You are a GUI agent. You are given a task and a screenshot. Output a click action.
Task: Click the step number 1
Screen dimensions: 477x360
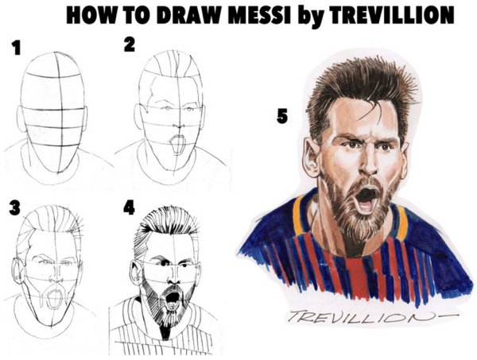pyautogui.click(x=16, y=48)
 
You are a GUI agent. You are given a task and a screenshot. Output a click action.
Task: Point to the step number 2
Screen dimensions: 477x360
pyautogui.click(x=130, y=45)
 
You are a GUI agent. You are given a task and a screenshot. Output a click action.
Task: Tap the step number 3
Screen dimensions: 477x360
pyautogui.click(x=14, y=208)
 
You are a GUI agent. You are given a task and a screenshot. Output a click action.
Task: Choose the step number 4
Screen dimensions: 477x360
pyautogui.click(x=129, y=207)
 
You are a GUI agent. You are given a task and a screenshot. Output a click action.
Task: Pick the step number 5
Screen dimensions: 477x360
pyautogui.click(x=282, y=116)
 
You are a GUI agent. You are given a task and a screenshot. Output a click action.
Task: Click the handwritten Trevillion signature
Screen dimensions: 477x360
pyautogui.click(x=372, y=317)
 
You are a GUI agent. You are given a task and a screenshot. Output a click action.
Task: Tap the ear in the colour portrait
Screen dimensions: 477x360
pyautogui.click(x=311, y=157)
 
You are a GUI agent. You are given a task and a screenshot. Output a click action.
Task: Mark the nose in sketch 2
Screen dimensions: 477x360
pyautogui.click(x=180, y=126)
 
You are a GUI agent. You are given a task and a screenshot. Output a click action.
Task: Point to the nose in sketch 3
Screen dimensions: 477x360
pyautogui.click(x=56, y=277)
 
